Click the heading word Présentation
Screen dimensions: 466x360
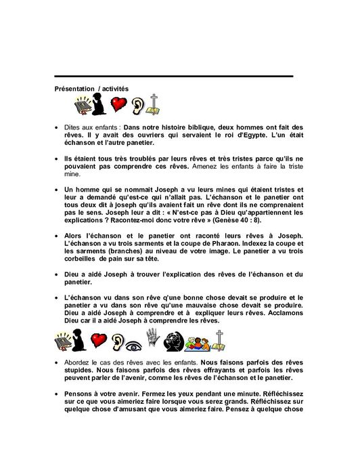coord(74,89)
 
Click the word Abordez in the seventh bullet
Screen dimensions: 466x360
coord(83,363)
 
